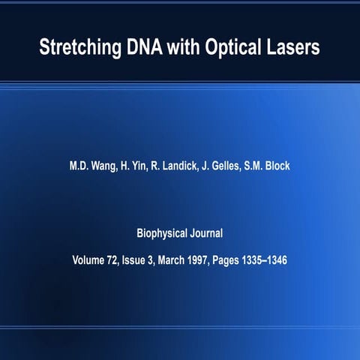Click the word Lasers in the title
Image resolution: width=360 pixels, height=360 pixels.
297,46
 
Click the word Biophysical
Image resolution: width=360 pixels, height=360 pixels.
163,233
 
